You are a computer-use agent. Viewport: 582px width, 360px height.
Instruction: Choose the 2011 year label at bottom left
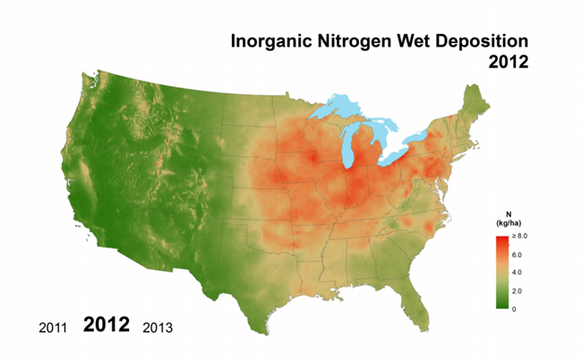pos(54,327)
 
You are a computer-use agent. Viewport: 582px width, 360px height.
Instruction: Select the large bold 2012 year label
pos(107,324)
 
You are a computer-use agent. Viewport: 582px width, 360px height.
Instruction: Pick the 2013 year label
pos(158,327)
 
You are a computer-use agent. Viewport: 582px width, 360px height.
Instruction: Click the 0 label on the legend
pos(513,309)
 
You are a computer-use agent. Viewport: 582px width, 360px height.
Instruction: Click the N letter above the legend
pos(498,213)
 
